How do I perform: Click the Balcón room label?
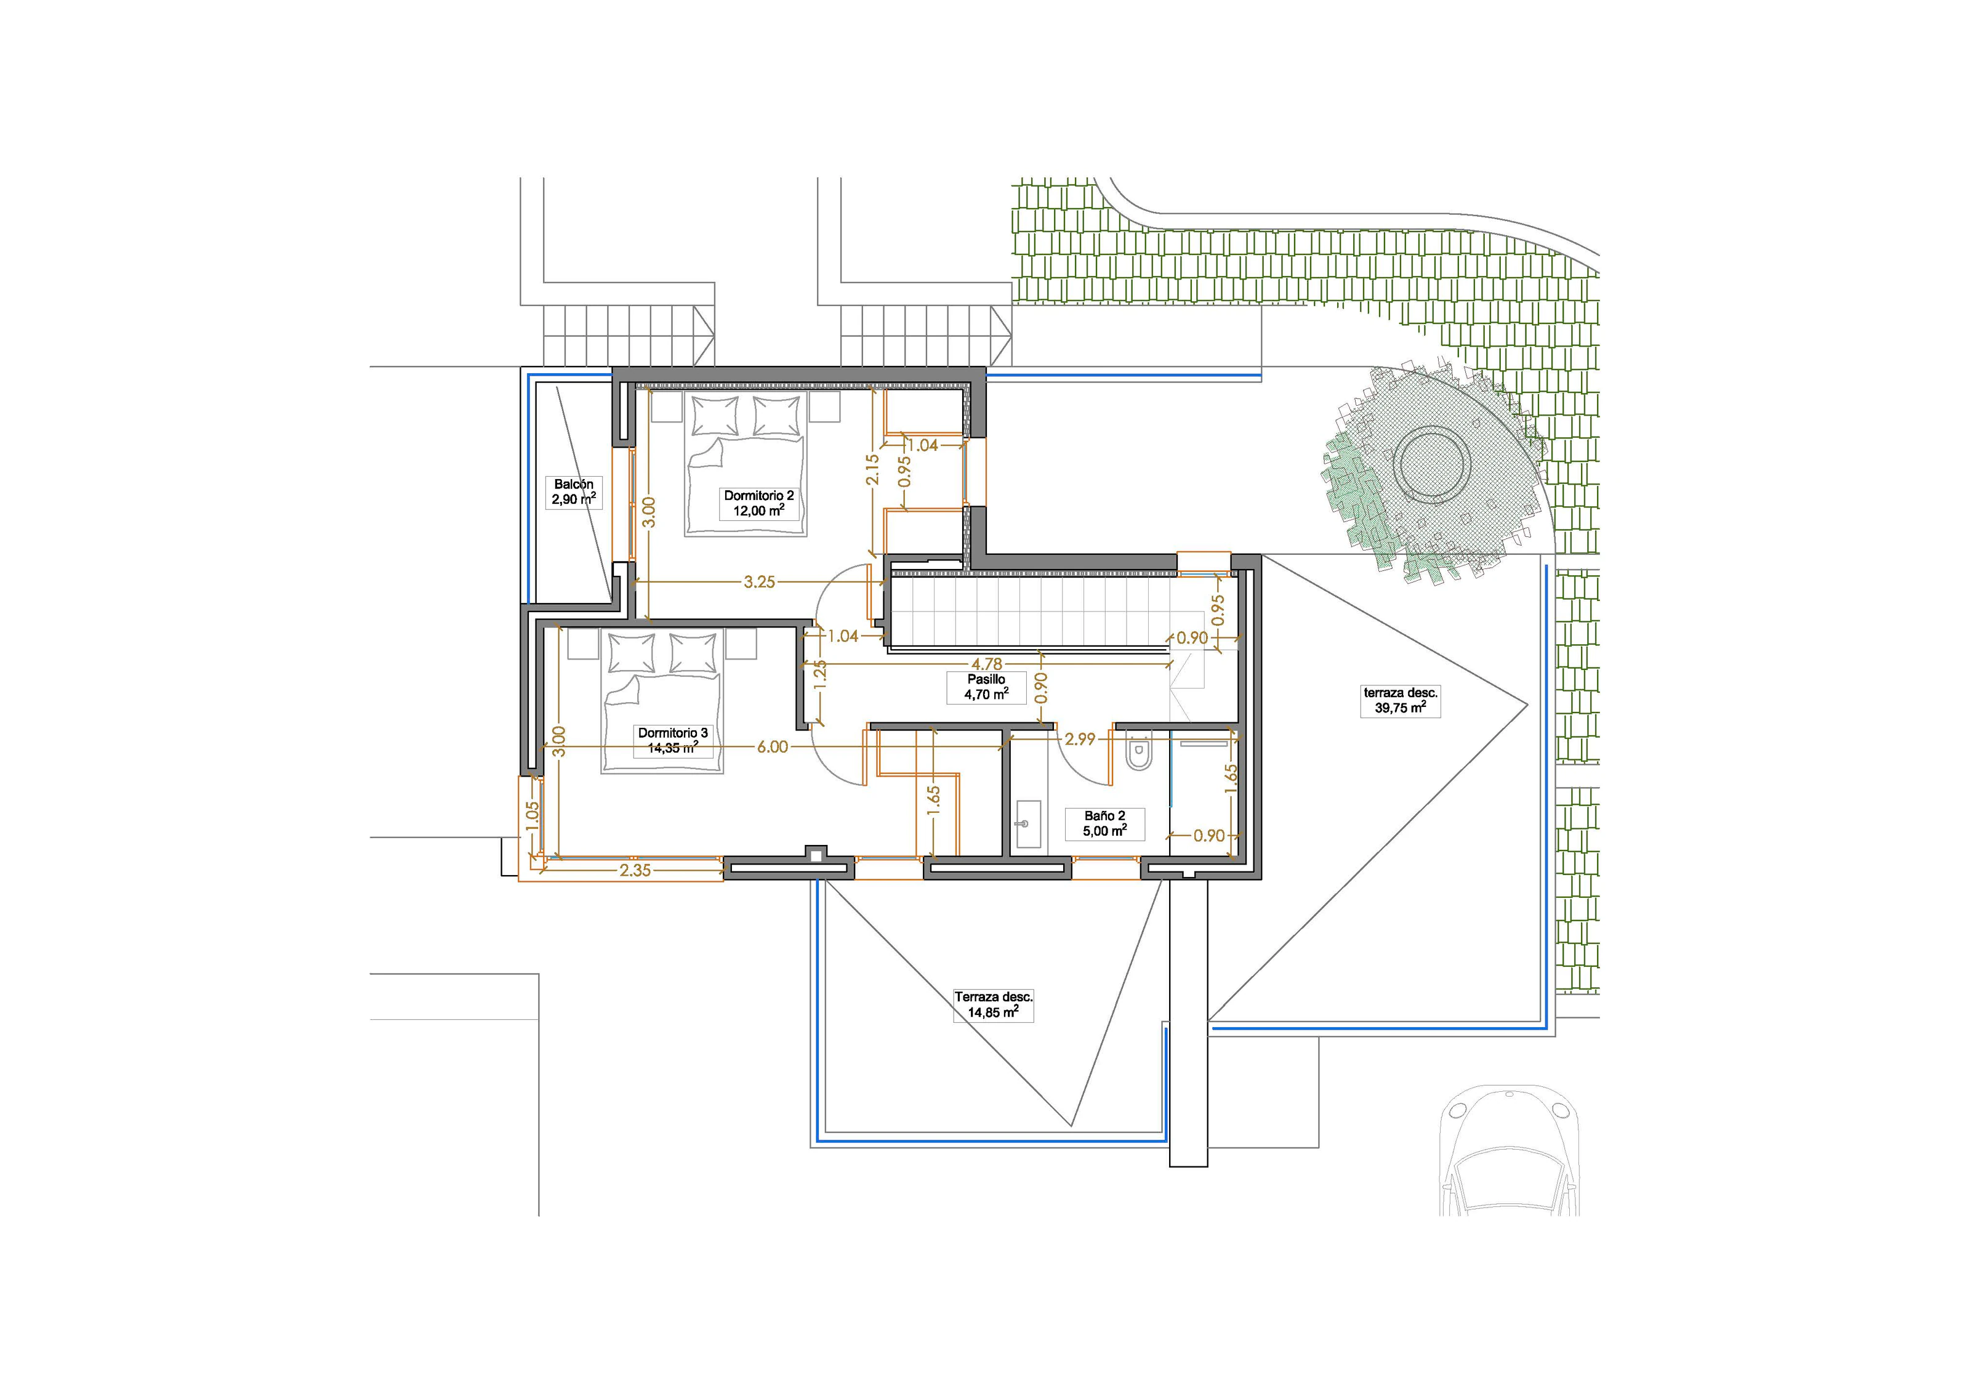(574, 492)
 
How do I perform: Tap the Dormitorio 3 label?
(673, 740)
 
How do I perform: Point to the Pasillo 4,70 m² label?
(986, 687)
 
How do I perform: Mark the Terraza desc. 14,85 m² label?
(994, 1005)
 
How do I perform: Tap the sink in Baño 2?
(1027, 824)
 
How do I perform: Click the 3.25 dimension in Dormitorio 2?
(759, 582)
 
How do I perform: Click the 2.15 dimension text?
(872, 469)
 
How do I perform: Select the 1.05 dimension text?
(531, 815)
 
